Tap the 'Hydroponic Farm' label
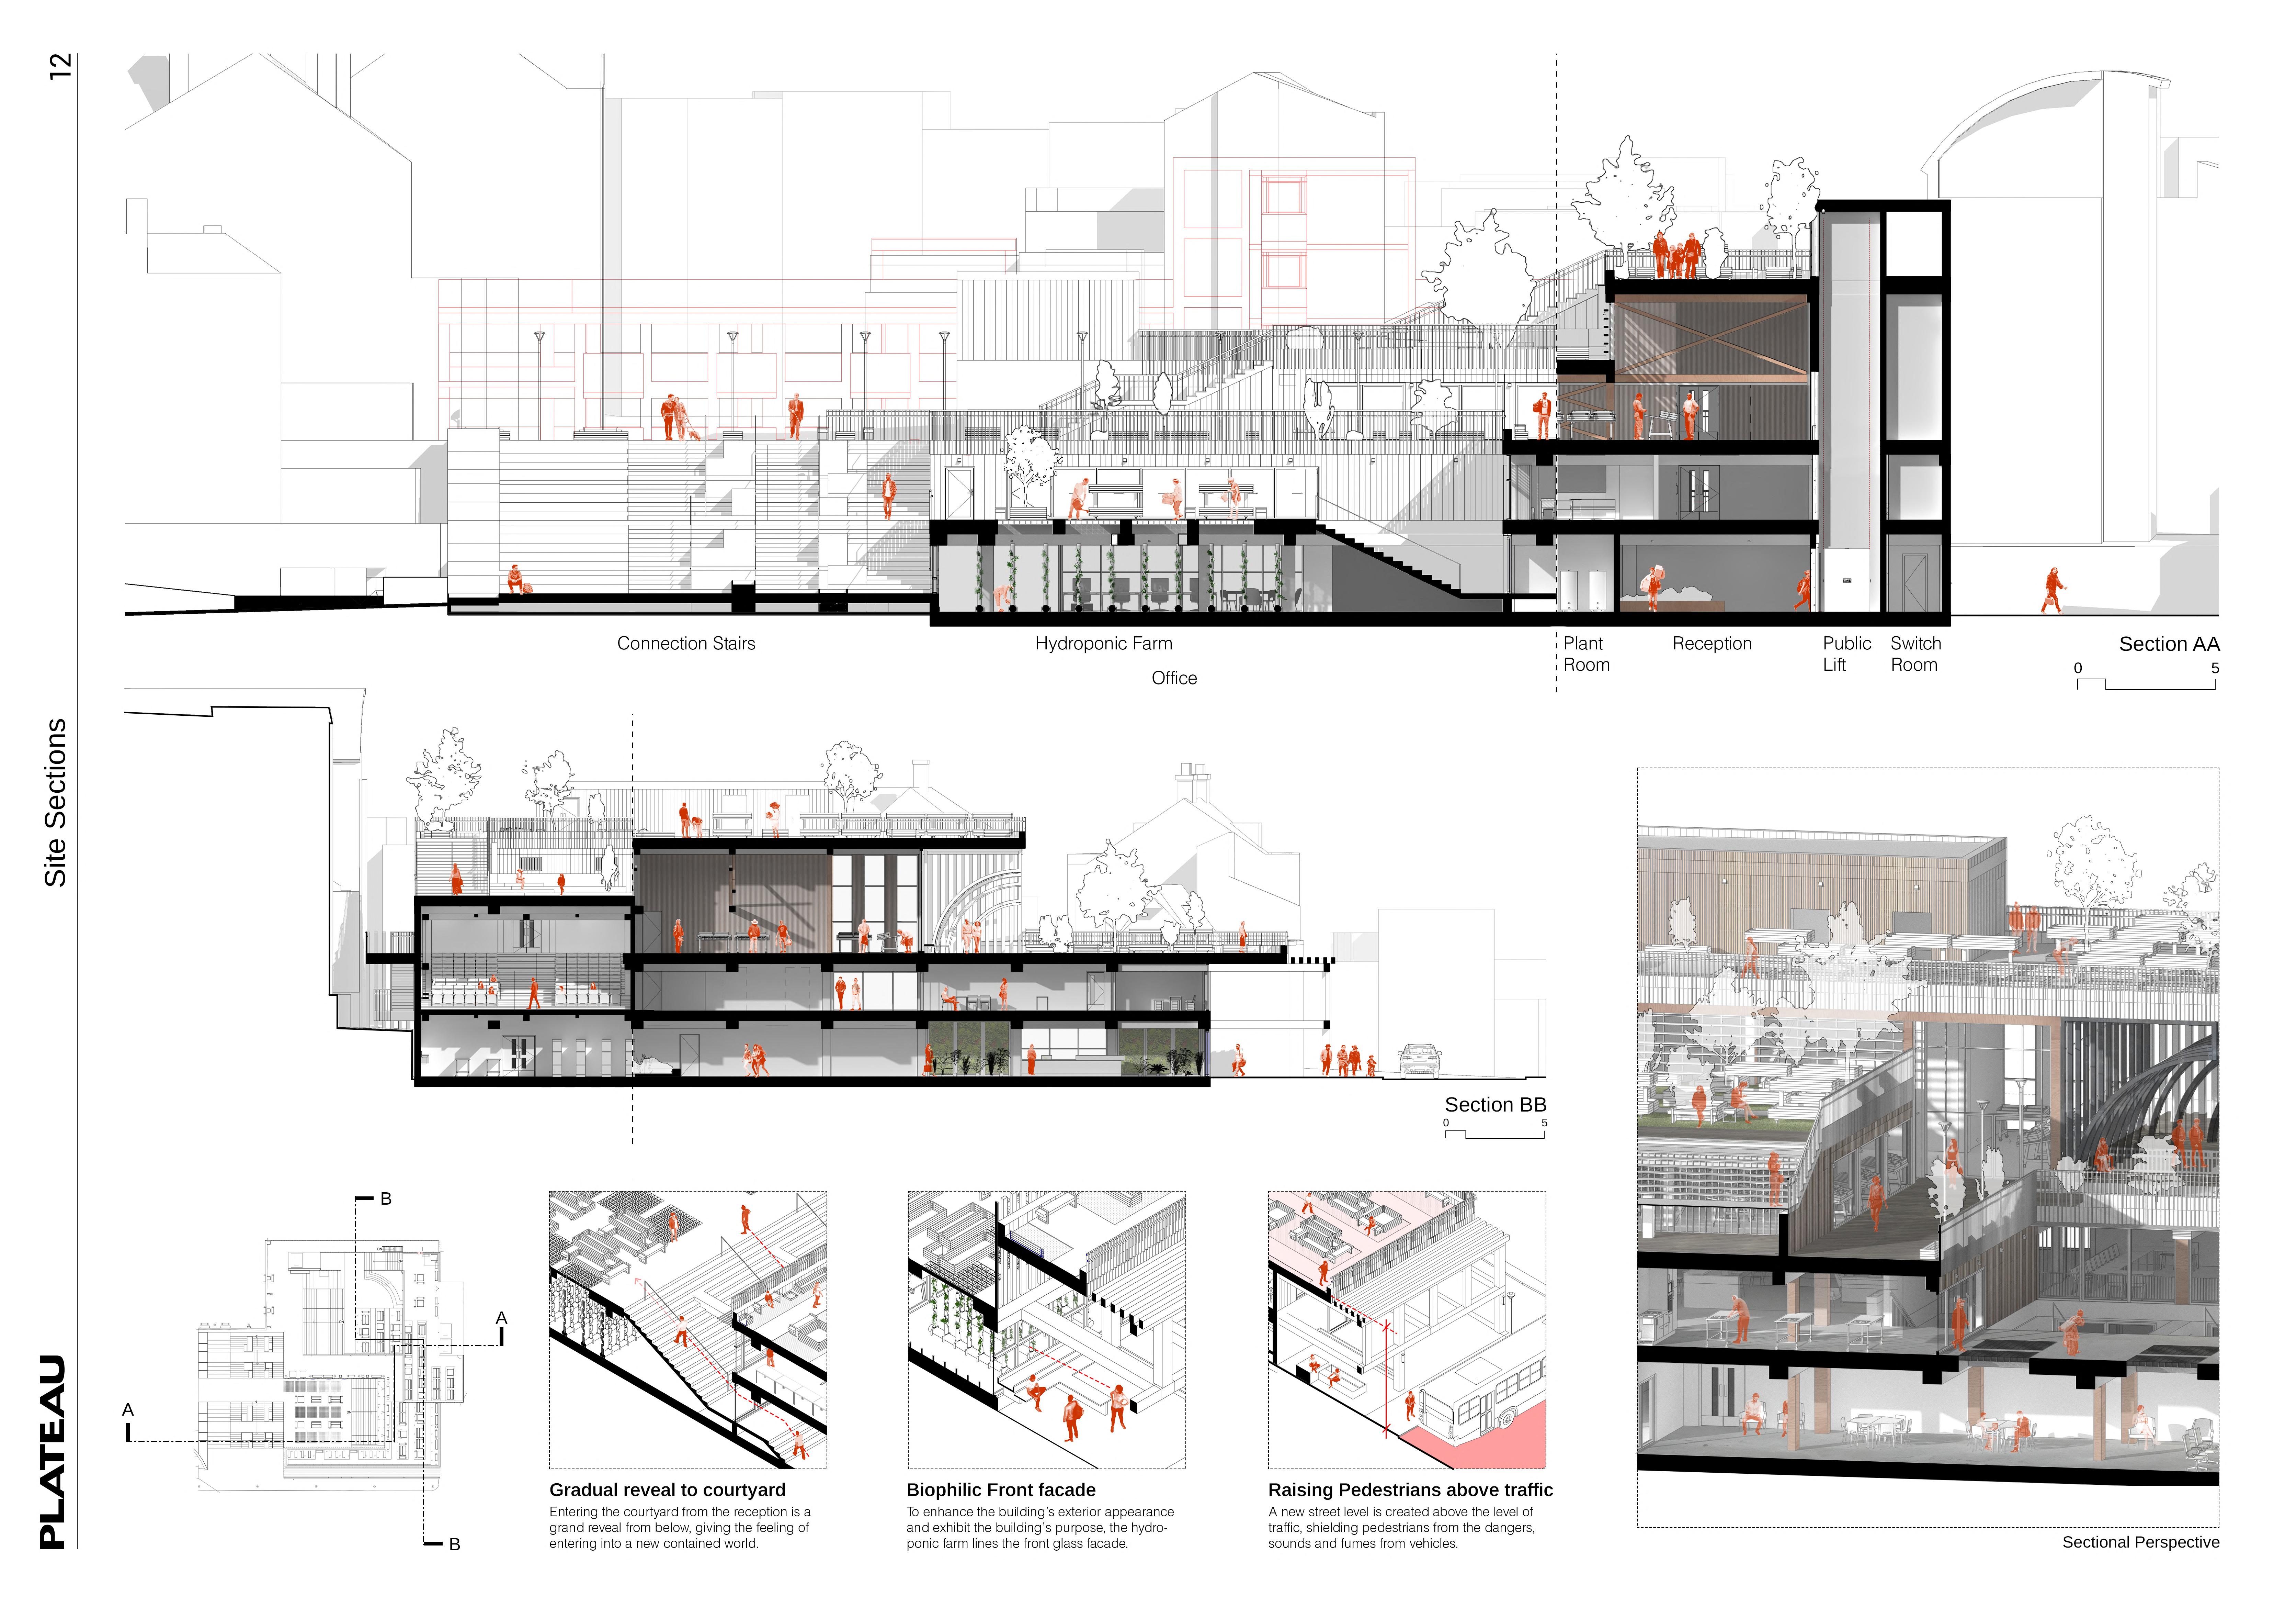click(1103, 644)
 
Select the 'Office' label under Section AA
click(1174, 679)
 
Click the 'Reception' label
click(1712, 644)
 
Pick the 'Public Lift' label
click(1846, 654)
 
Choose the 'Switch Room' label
click(1915, 654)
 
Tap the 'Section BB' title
click(1494, 1105)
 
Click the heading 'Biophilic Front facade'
click(1000, 1490)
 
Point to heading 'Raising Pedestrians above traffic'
click(1409, 1490)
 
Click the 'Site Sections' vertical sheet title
click(56, 803)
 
